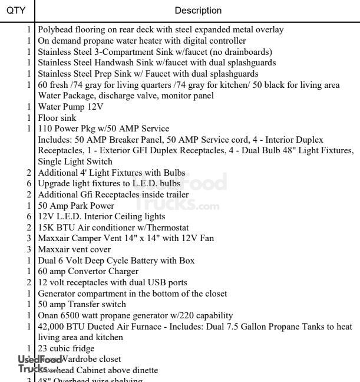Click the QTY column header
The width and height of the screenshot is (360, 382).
click(16, 10)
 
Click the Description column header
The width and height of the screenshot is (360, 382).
click(198, 10)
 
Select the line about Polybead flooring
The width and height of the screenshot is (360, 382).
click(160, 29)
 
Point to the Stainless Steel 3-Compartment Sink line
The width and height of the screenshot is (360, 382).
click(138, 51)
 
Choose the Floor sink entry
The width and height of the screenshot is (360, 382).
click(57, 118)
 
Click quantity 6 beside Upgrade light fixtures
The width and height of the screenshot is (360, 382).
click(29, 183)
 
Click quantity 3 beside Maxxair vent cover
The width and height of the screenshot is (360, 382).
click(29, 249)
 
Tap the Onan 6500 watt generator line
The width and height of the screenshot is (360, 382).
click(135, 315)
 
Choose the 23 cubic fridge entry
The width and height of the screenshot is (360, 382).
click(66, 348)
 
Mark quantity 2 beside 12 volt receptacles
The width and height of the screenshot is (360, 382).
click(29, 282)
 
